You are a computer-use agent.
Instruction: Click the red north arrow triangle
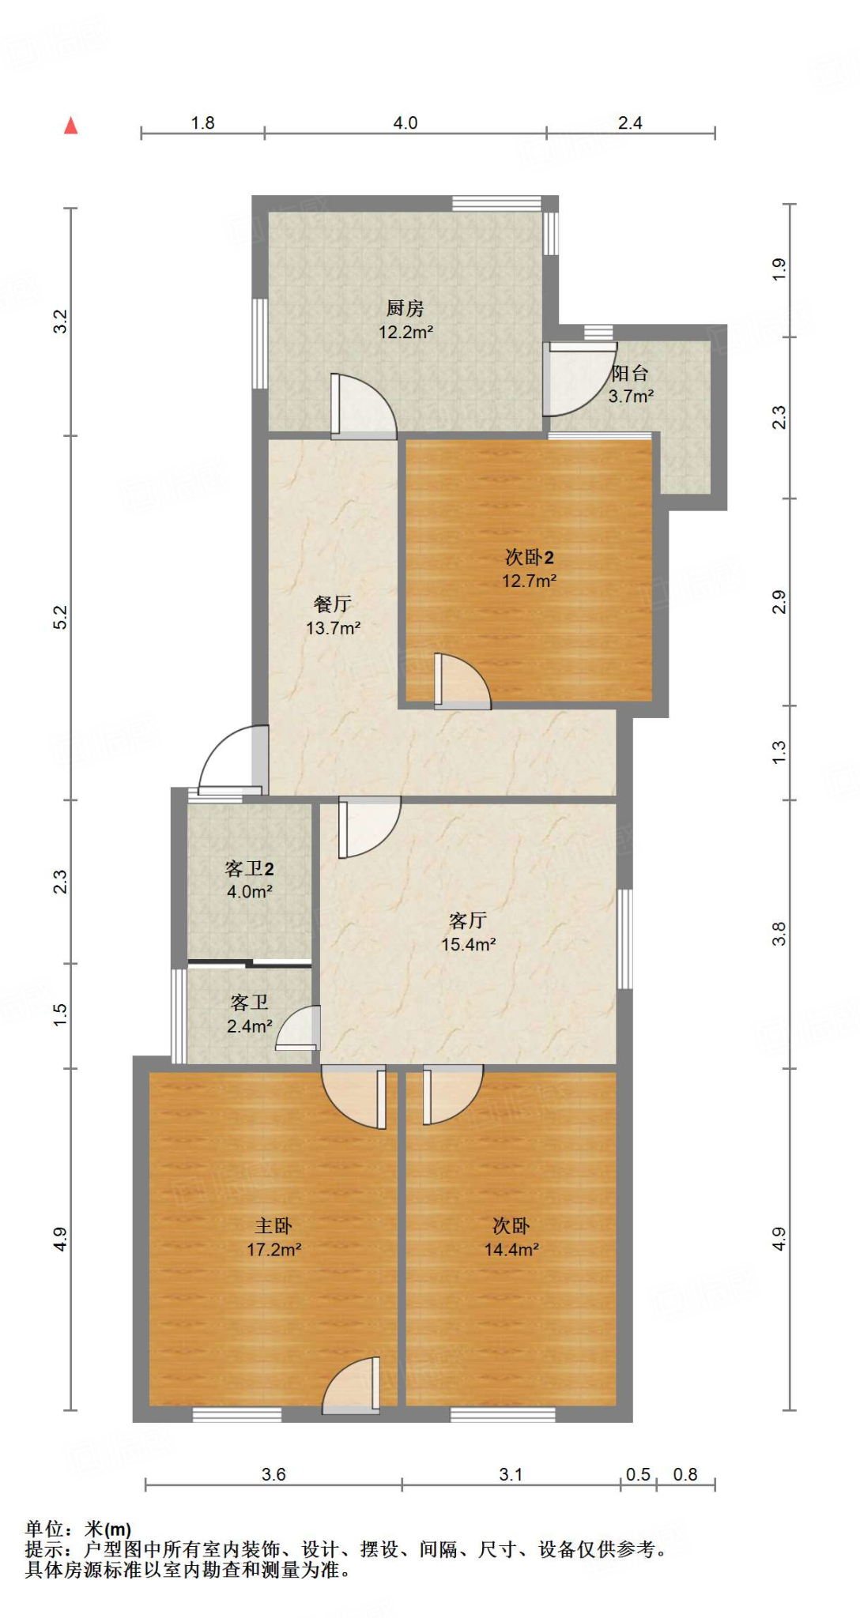pos(71,126)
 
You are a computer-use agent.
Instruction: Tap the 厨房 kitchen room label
pos(405,308)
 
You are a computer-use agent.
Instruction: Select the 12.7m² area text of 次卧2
pos(529,581)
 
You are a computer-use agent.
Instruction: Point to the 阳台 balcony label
pos(630,373)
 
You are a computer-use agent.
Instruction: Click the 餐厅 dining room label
pos(333,604)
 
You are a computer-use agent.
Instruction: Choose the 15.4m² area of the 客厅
pos(468,944)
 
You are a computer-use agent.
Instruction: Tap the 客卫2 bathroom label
pos(249,869)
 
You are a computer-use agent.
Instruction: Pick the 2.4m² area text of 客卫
pos(249,1026)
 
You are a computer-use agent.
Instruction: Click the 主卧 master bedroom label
pos(273,1226)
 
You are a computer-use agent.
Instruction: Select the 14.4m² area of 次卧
pos(511,1249)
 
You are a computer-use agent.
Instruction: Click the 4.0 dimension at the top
pos(405,123)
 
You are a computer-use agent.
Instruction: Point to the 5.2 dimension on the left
pos(61,617)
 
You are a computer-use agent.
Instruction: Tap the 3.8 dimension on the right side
pos(779,934)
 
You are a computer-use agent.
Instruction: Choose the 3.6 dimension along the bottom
pos(273,1474)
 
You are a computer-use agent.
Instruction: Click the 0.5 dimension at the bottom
pos(638,1474)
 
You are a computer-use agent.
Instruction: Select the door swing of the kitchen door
pos(364,405)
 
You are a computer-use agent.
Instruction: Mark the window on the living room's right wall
pos(624,939)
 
